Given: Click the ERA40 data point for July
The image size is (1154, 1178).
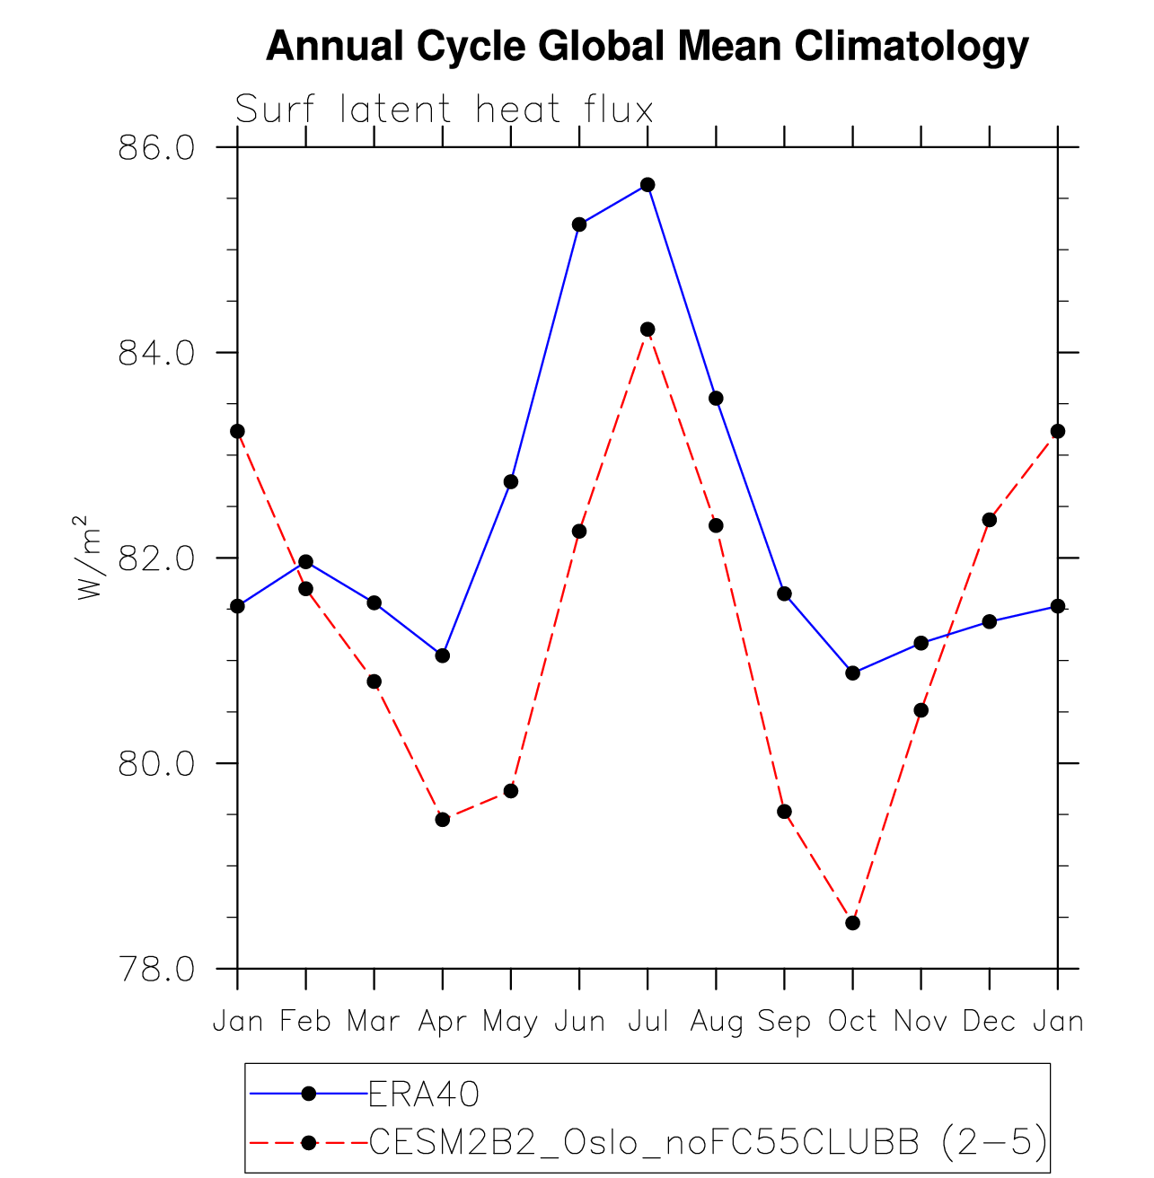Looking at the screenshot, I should click(647, 185).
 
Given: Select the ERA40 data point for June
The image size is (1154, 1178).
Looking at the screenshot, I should click(579, 224).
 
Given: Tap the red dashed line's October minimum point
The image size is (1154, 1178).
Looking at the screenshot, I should click(852, 923).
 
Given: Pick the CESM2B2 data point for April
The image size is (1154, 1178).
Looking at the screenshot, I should click(443, 819).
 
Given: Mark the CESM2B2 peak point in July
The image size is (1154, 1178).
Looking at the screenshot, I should click(647, 330).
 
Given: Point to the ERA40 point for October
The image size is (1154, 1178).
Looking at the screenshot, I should click(852, 673).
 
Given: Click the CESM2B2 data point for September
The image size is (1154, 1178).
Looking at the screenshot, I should click(784, 812).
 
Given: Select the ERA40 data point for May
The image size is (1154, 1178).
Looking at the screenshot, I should click(511, 482).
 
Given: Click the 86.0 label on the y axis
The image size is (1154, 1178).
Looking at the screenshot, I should click(156, 147).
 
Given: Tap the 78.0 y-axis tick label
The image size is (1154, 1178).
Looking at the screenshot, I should click(156, 970).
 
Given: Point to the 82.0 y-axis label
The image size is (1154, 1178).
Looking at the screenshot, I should click(156, 558).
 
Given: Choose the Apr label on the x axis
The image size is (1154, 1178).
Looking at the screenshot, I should click(443, 1022).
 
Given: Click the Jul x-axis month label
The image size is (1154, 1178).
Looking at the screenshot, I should click(647, 1022).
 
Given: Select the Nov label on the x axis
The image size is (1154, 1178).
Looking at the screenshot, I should click(921, 1022).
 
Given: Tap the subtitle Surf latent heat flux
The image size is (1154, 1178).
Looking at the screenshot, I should click(444, 110).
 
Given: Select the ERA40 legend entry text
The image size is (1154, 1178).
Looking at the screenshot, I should click(424, 1094).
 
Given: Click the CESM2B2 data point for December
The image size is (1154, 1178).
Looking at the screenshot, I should click(990, 520).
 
